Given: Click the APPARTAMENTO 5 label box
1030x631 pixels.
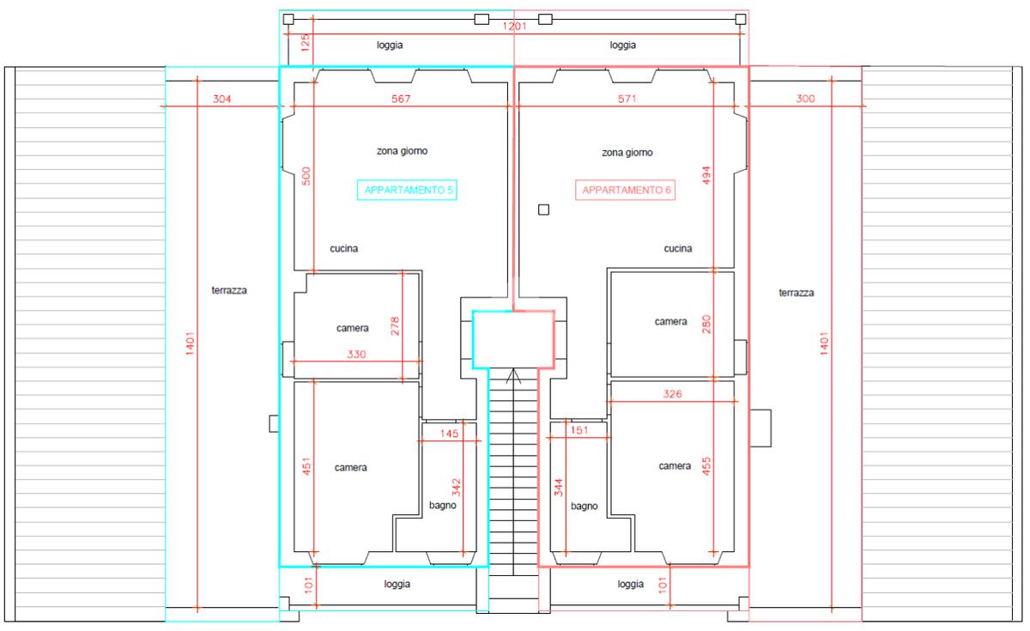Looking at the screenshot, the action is [407, 190].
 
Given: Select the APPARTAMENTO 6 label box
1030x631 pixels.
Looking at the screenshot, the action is [626, 190].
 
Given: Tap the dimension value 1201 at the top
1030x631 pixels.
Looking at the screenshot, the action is [514, 27].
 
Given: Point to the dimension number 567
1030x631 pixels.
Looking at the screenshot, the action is [401, 99].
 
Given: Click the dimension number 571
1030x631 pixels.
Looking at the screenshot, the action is [627, 99].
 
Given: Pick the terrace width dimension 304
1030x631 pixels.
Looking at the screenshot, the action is [221, 99].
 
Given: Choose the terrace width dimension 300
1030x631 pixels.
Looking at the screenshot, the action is [805, 99].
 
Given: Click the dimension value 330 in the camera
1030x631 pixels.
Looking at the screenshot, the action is [356, 354].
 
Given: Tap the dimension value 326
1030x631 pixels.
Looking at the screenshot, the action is [672, 394].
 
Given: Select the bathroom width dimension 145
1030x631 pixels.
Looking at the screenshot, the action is [449, 434].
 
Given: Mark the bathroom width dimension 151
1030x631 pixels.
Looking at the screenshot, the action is [579, 430].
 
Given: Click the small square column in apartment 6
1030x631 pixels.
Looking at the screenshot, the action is [543, 209].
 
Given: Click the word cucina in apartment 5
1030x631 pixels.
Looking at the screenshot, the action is [343, 248].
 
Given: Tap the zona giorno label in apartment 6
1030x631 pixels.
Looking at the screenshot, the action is [627, 152].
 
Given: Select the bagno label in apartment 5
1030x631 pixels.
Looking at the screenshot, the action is [442, 506].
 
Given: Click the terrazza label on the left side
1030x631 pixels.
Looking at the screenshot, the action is [229, 290].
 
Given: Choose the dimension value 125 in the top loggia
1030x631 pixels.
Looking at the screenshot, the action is [306, 43].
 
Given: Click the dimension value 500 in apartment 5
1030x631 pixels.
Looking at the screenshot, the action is [306, 176].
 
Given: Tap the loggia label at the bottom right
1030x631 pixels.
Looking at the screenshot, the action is [630, 584].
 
